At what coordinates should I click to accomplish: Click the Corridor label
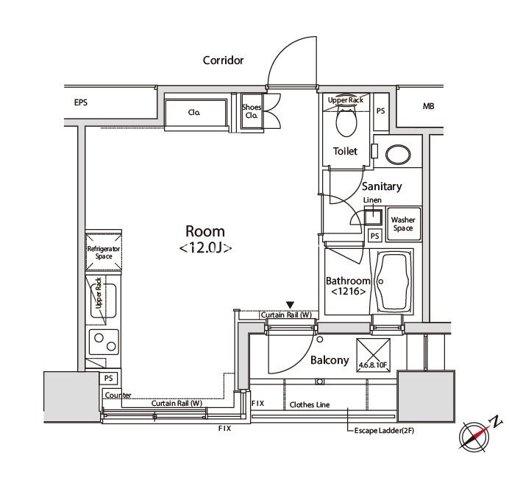click(x=223, y=60)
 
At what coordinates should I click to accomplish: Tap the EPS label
click(x=81, y=102)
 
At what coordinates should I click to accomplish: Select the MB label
click(x=428, y=106)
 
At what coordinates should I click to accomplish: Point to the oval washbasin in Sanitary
click(x=398, y=155)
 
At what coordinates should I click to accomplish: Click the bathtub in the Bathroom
click(x=394, y=282)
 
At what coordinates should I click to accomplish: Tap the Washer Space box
click(x=404, y=224)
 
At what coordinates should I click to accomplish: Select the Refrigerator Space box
click(x=104, y=252)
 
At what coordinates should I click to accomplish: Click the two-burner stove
click(x=104, y=342)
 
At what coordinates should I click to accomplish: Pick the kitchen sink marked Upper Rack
click(x=103, y=301)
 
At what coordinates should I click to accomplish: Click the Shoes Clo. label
click(x=252, y=111)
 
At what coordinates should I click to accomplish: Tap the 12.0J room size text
click(x=205, y=248)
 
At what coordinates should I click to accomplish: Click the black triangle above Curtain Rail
click(x=291, y=305)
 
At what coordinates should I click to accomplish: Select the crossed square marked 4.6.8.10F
click(x=373, y=355)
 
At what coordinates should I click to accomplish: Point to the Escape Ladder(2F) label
click(x=384, y=431)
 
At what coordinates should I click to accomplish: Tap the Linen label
click(x=372, y=200)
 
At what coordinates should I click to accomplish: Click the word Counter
click(x=118, y=396)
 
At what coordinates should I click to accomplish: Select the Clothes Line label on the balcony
click(x=310, y=404)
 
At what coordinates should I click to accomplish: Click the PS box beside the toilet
click(x=381, y=111)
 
